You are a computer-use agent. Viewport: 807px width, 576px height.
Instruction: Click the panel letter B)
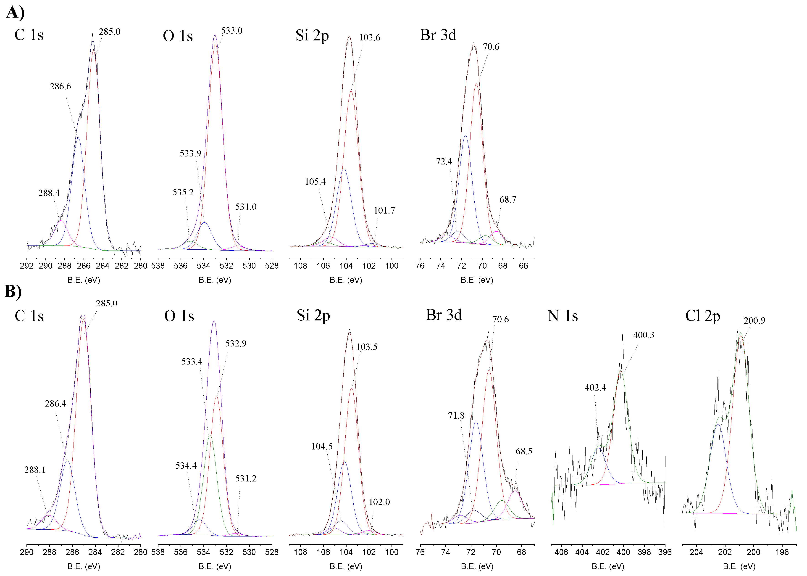pyautogui.click(x=13, y=292)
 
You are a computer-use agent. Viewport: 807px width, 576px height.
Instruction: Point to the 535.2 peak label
pyautogui.click(x=183, y=193)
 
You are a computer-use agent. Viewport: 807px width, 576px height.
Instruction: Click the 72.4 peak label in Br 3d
pyautogui.click(x=444, y=162)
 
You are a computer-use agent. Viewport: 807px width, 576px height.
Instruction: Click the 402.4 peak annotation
pyautogui.click(x=595, y=388)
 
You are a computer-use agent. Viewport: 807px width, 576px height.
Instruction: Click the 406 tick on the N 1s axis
pyautogui.click(x=561, y=552)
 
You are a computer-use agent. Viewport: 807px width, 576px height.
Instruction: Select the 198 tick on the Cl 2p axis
pyautogui.click(x=782, y=552)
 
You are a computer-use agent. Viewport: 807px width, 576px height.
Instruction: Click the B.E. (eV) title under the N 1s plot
pyautogui.click(x=608, y=566)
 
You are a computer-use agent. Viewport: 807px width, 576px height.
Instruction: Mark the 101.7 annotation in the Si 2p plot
pyautogui.click(x=384, y=211)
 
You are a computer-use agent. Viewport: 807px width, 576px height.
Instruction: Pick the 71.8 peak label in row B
pyautogui.click(x=456, y=416)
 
